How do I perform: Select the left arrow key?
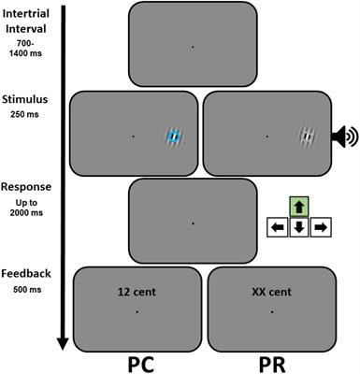(x=278, y=226)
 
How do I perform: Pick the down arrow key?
(x=299, y=226)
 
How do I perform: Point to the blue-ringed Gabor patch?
(x=173, y=137)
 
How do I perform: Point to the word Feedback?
(x=25, y=274)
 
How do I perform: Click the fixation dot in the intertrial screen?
(x=192, y=46)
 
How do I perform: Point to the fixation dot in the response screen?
(x=192, y=223)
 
